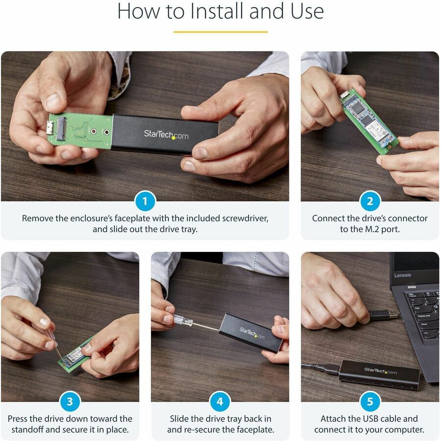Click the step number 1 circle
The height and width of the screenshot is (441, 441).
tap(145, 201)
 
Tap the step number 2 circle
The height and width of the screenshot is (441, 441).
tap(369, 201)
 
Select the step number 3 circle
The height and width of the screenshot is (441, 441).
tap(70, 402)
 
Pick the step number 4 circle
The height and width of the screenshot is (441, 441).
tap(220, 402)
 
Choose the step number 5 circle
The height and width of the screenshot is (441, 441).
tap(369, 402)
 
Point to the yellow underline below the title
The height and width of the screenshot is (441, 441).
tap(220, 32)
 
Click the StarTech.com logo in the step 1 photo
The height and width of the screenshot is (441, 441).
tap(166, 134)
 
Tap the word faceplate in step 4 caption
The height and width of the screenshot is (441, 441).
tap(252, 430)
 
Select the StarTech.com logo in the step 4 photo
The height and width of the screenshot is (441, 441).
tap(251, 334)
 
